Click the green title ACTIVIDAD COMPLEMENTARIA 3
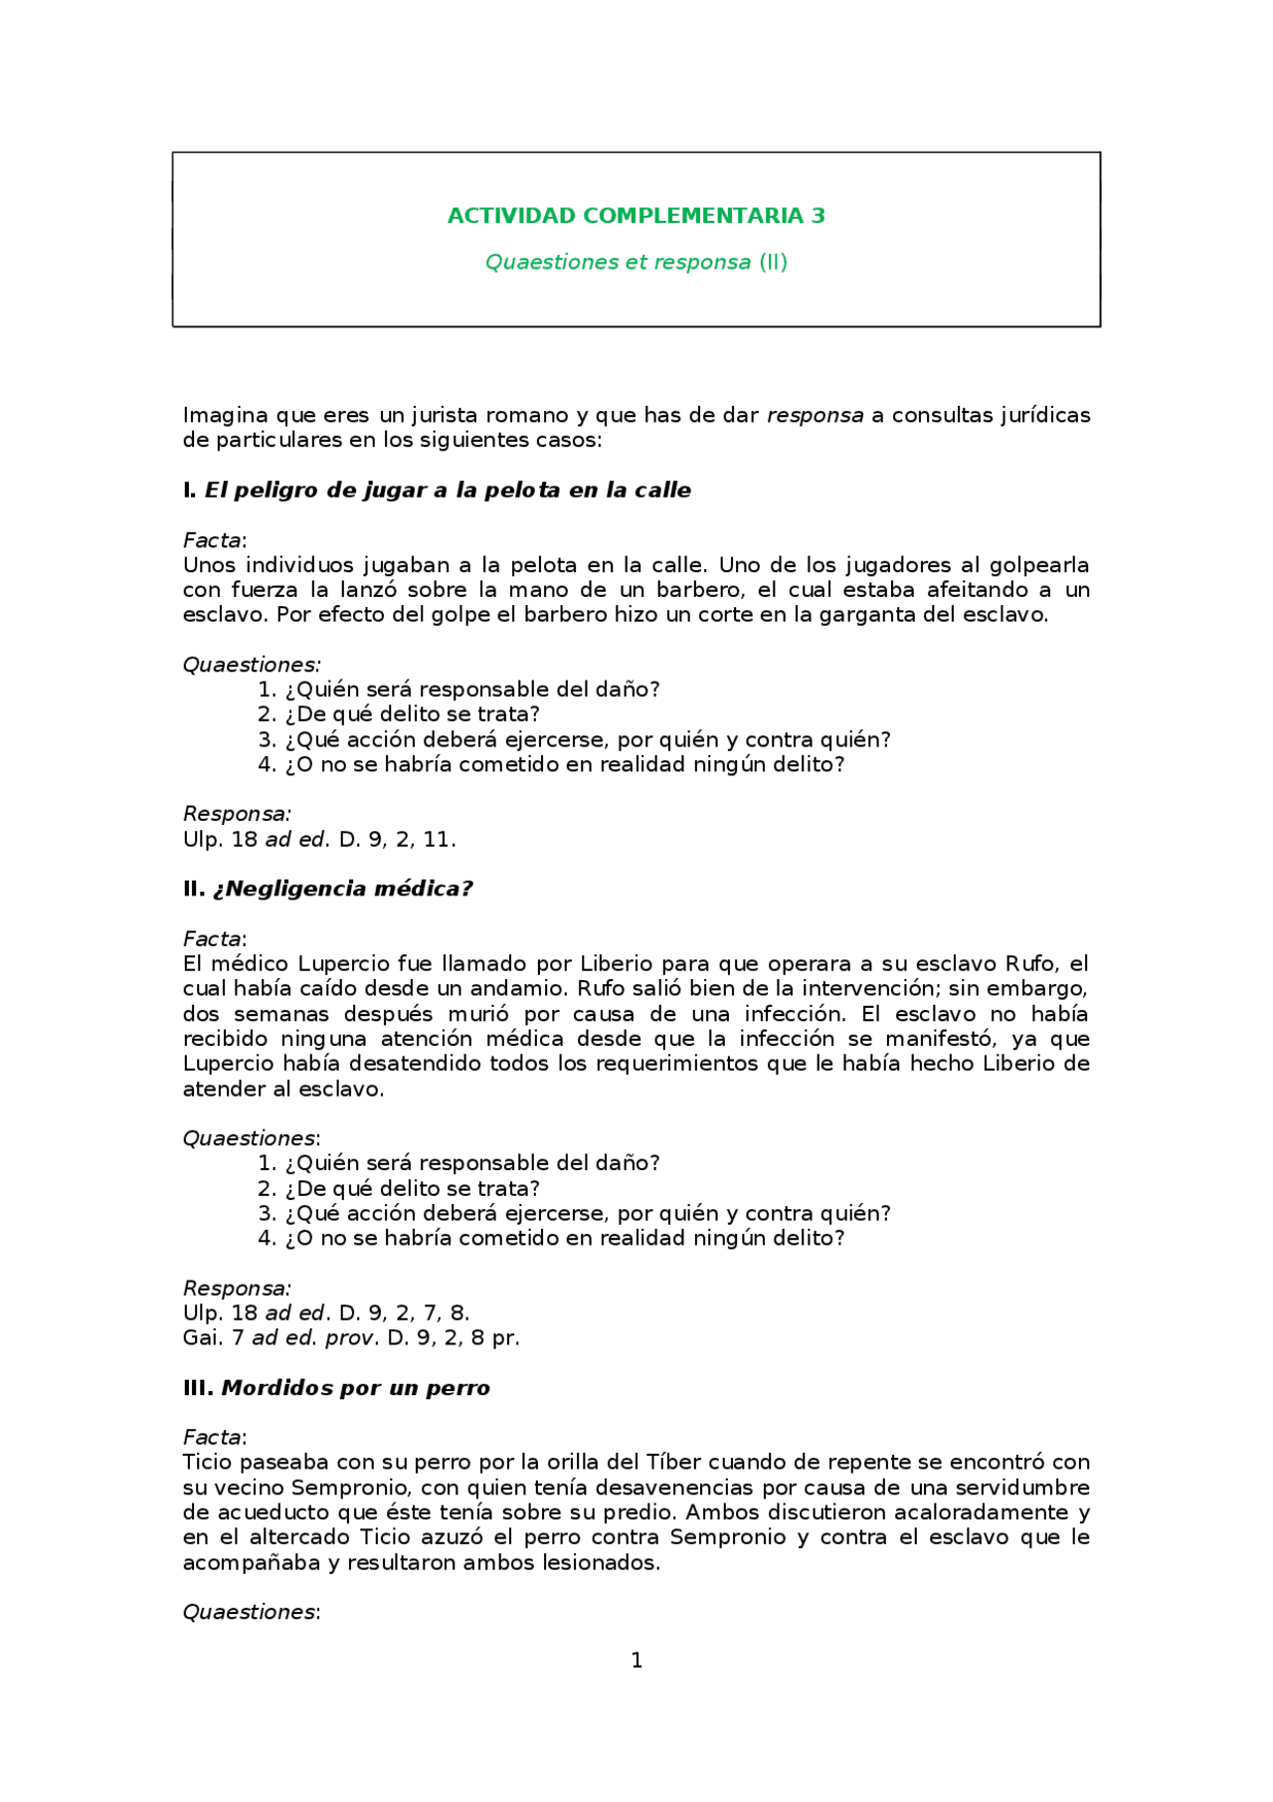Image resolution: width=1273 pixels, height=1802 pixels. [x=636, y=216]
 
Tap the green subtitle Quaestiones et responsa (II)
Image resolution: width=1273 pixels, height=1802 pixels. [x=636, y=263]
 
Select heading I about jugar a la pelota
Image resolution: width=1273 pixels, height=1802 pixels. [x=438, y=491]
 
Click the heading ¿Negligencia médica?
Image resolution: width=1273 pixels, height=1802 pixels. [x=328, y=890]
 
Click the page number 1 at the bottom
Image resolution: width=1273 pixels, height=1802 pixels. [x=636, y=1661]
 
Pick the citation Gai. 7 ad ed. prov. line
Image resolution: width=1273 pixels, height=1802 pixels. [x=351, y=1338]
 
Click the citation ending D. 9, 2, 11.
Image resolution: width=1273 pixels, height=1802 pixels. [x=319, y=840]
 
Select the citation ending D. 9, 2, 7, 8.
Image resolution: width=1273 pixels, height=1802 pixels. [x=326, y=1313]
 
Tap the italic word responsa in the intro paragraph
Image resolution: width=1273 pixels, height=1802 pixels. [x=815, y=416]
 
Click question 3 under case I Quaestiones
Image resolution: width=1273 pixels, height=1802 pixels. [x=575, y=740]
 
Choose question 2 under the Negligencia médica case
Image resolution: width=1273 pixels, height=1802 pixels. [x=399, y=1189]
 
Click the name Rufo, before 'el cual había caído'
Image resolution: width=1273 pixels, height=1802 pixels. [x=1033, y=964]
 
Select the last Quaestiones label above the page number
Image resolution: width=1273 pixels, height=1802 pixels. [x=251, y=1613]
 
